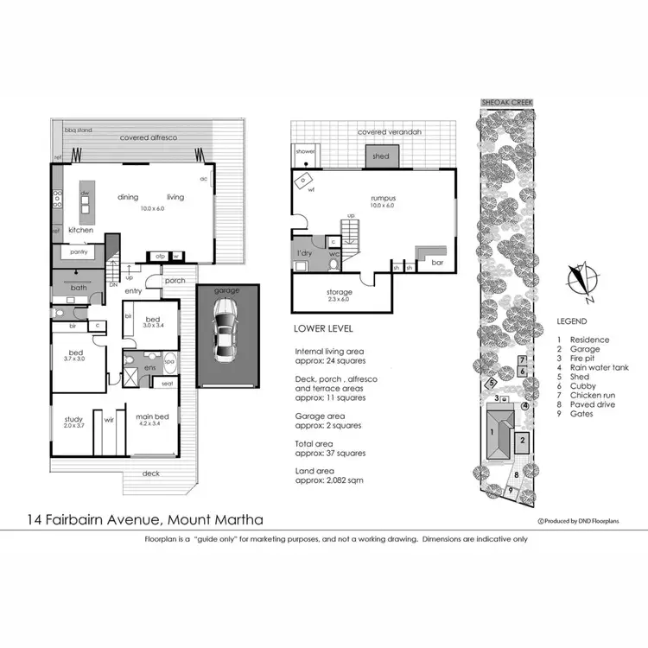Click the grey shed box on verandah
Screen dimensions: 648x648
click(381, 157)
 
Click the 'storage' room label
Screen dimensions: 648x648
click(339, 292)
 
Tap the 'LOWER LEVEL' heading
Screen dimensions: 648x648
click(323, 329)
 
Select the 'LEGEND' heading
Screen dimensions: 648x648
click(573, 321)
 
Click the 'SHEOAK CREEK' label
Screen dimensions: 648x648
click(506, 102)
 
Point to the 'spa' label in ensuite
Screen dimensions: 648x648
click(169, 361)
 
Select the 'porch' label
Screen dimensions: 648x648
click(175, 280)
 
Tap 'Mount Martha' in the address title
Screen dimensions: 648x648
click(214, 519)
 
